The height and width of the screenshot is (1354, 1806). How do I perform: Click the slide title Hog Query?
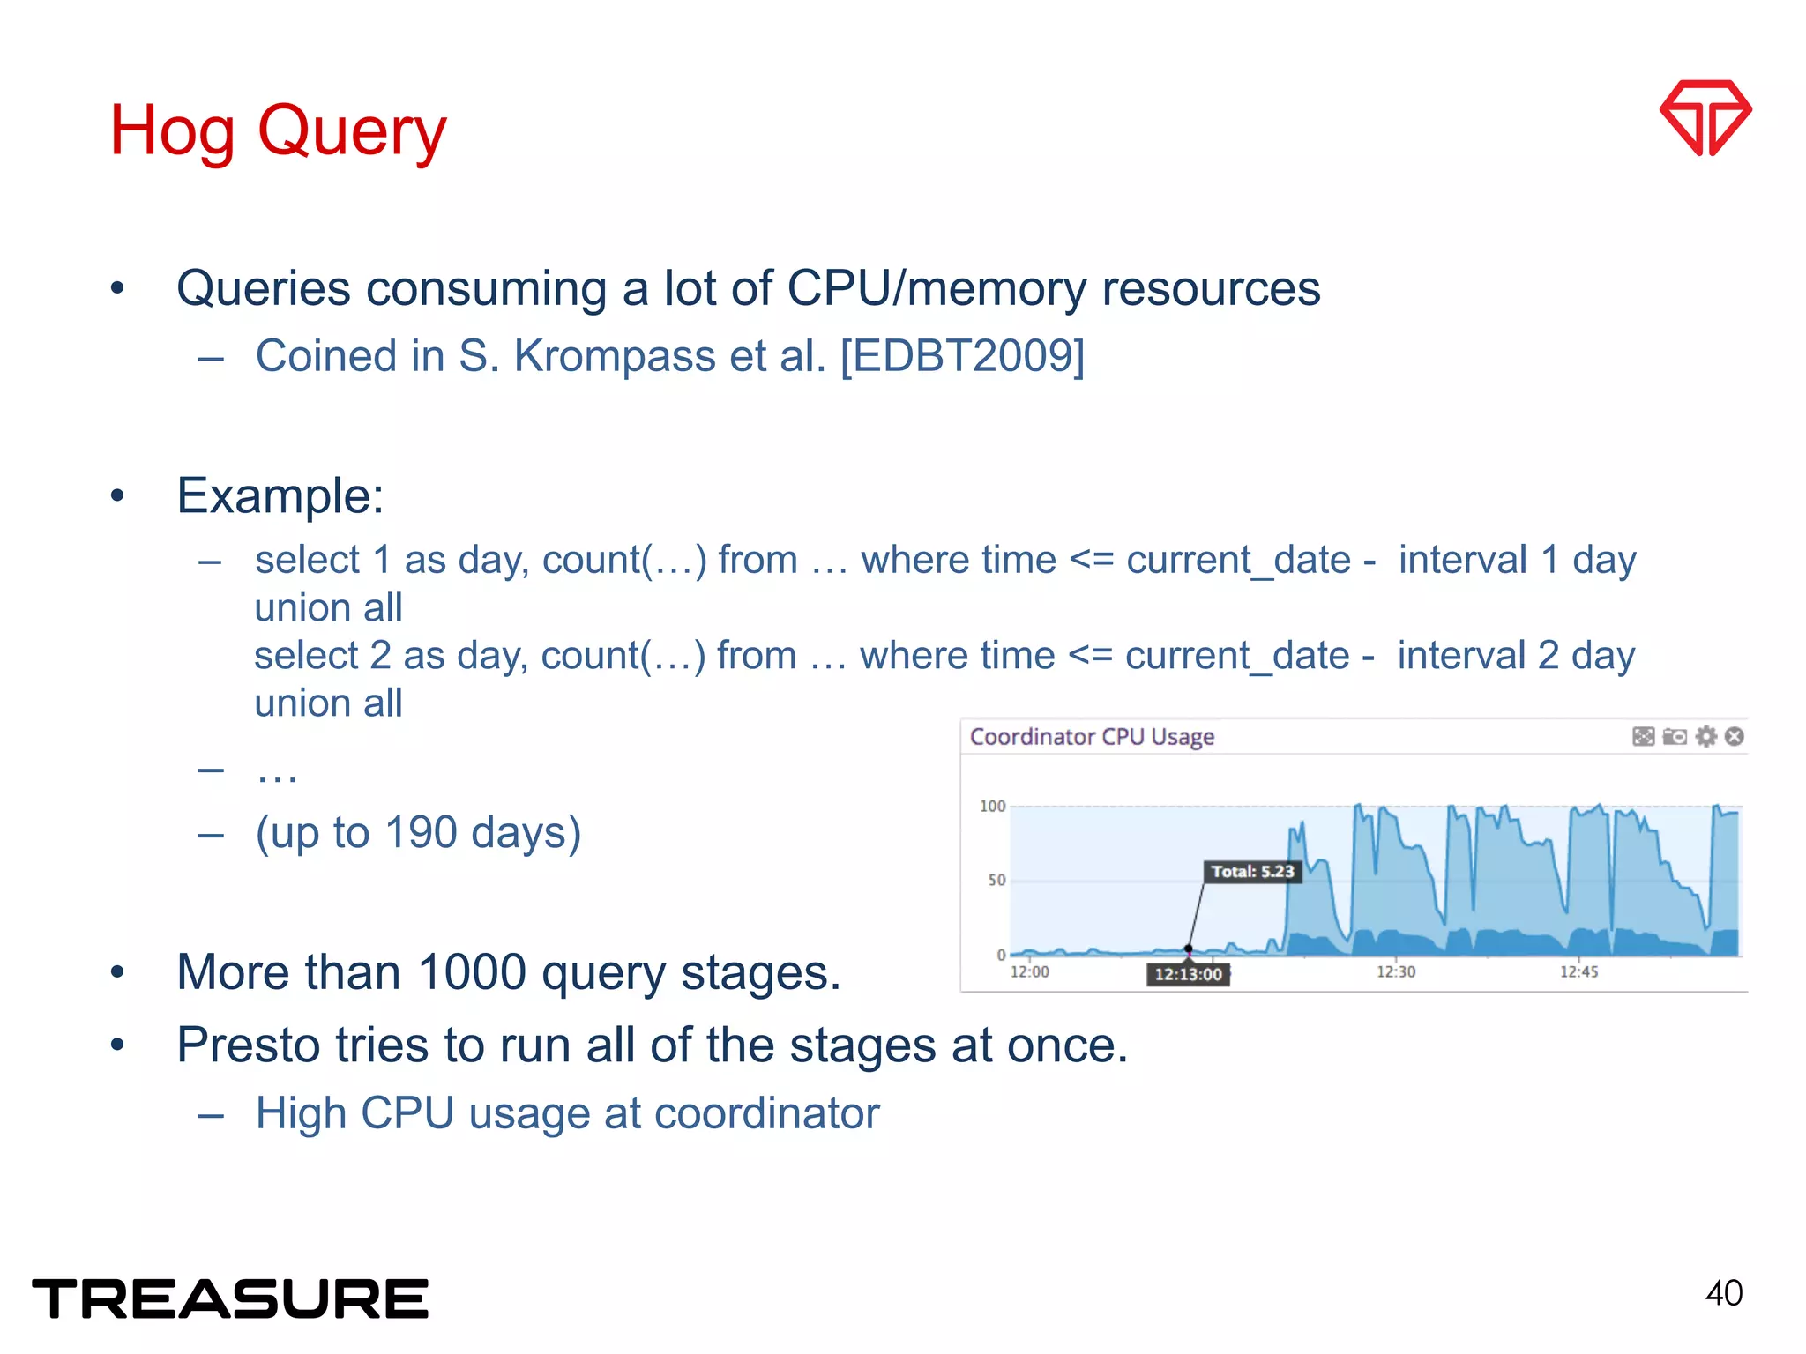278,130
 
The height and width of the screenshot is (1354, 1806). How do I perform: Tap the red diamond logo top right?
1705,117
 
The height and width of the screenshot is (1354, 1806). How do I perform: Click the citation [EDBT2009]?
962,356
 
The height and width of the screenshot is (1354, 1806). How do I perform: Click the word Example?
280,495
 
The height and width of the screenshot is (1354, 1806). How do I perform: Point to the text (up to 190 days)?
418,832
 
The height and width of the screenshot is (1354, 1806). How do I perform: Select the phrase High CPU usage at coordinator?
567,1113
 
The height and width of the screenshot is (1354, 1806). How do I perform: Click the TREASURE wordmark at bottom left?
230,1299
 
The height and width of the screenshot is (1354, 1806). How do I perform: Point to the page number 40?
1723,1293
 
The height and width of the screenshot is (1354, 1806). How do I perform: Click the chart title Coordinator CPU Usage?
1092,737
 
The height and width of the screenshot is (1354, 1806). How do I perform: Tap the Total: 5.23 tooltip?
1252,872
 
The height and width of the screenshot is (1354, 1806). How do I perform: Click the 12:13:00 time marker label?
1188,974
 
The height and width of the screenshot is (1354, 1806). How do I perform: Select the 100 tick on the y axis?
992,806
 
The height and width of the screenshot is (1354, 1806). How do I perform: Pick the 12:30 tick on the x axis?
1395,971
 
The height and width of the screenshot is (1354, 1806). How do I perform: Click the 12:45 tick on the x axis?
1578,971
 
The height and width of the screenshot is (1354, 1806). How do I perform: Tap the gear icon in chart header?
1706,736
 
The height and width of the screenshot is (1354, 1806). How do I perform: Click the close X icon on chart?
1734,736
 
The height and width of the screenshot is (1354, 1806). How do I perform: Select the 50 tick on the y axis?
996,880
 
